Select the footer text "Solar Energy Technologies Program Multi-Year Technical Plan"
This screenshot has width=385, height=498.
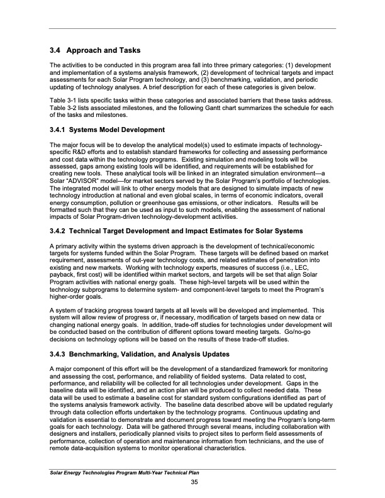(129, 472)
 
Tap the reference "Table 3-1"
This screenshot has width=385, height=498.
(62, 101)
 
